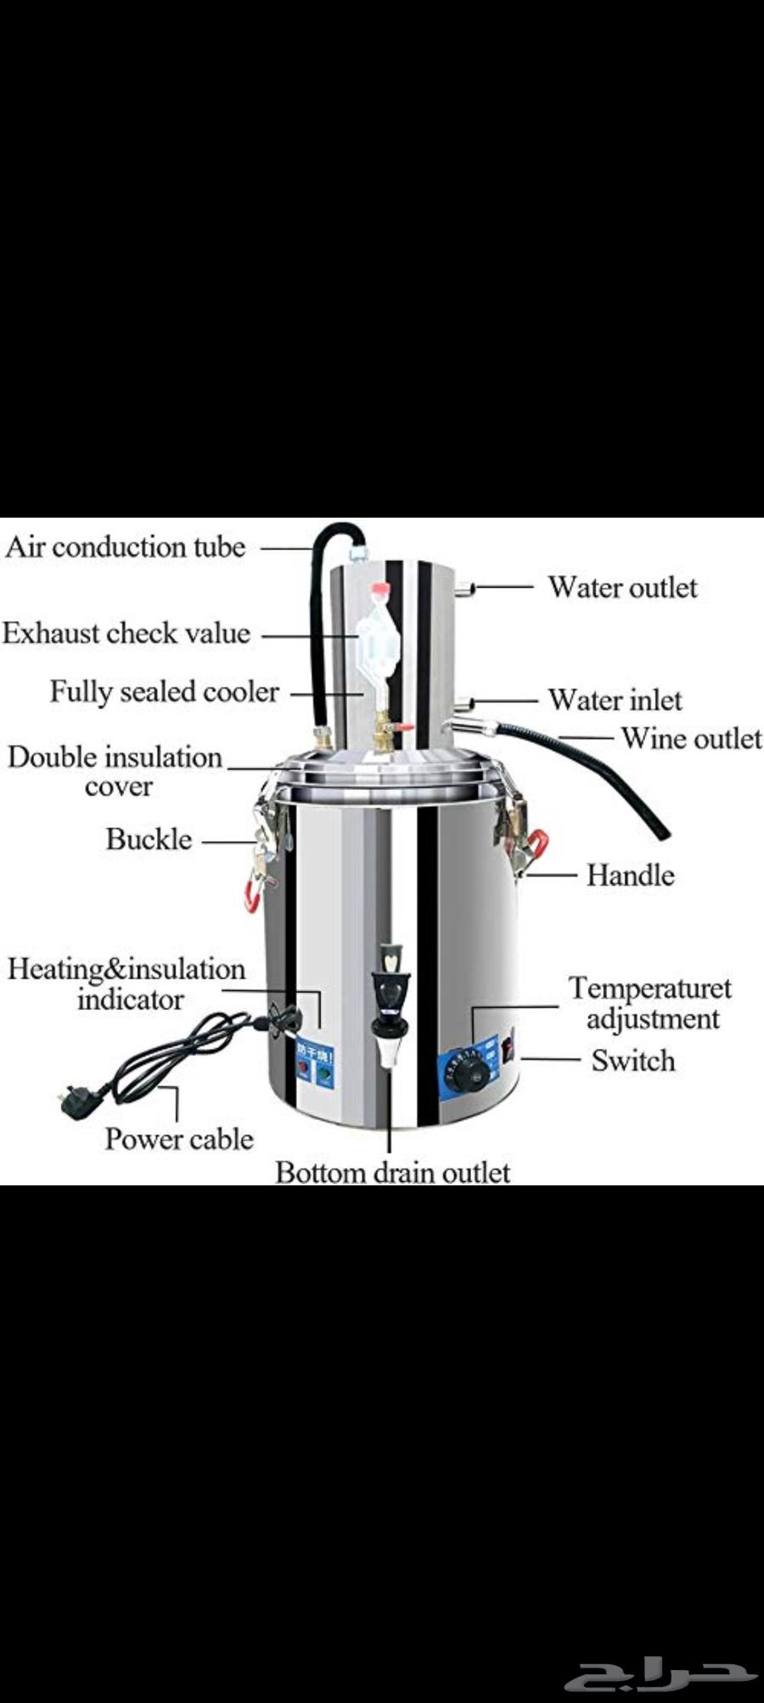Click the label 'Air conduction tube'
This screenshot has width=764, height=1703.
pos(125,547)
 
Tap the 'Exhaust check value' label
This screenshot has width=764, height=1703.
pos(126,633)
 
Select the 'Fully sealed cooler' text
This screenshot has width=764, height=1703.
pos(164,692)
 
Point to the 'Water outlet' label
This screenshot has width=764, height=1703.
pos(622,587)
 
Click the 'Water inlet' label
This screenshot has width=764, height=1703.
pos(615,700)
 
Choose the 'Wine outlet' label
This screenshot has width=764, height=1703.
pos(691,738)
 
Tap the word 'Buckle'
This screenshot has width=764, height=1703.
pos(149,839)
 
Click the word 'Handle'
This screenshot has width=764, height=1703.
pos(630,875)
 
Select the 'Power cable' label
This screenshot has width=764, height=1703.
pos(179,1139)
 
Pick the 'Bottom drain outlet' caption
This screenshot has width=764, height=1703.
pos(393,1172)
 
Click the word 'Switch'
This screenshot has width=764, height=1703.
pos(633,1061)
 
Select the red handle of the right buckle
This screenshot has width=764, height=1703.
pos(536,842)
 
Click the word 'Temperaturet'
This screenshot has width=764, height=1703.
pos(650,989)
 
